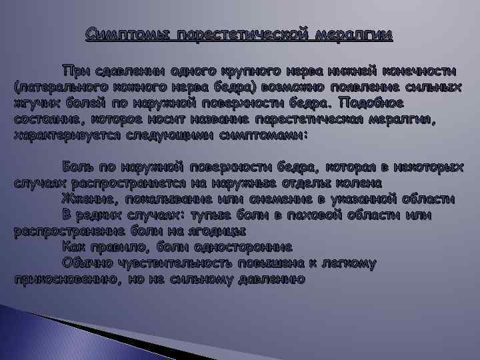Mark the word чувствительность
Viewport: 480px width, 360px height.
click(x=187, y=263)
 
